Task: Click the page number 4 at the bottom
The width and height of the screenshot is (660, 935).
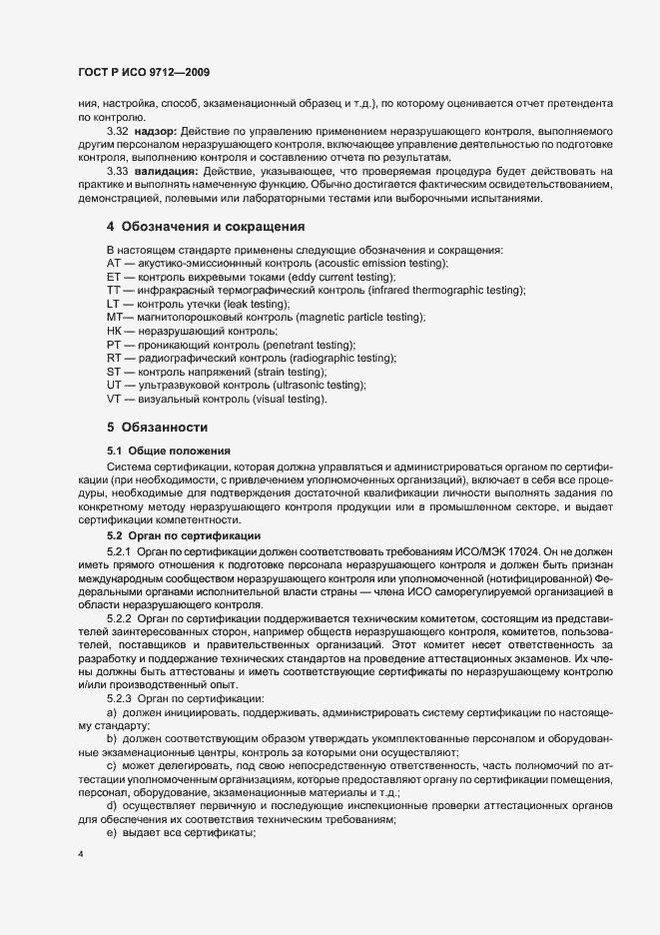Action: coord(80,855)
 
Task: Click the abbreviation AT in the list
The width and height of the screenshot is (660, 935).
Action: coord(113,262)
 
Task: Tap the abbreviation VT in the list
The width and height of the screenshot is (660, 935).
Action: coord(113,400)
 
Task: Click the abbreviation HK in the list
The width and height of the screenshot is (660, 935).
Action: coord(113,331)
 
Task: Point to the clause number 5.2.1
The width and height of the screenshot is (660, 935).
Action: coord(119,550)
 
